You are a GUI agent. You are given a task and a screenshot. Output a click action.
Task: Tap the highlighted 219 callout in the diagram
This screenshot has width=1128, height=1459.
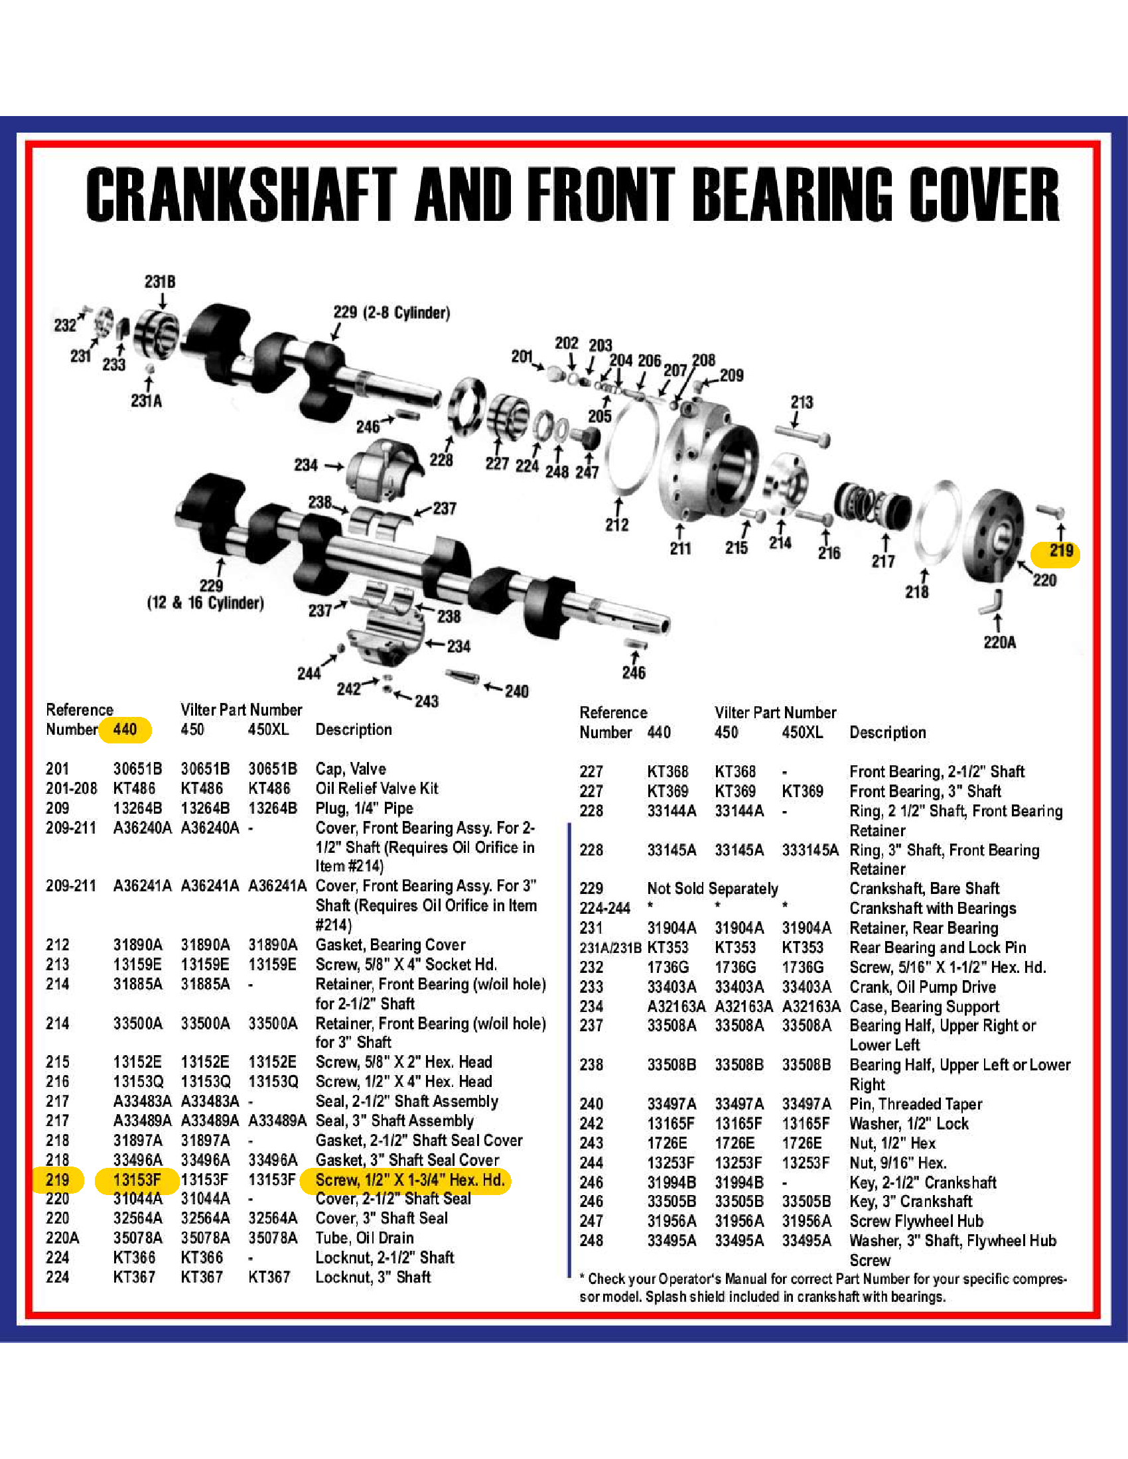(x=1060, y=550)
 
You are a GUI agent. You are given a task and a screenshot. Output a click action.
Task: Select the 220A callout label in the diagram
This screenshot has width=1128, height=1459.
(x=1000, y=642)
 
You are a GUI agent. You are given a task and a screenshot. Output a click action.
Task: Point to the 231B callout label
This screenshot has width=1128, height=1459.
(x=160, y=281)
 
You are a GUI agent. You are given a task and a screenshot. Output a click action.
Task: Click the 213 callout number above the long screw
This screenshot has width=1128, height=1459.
(x=802, y=401)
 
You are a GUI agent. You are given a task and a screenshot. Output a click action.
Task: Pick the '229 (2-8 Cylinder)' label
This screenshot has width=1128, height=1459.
(x=391, y=312)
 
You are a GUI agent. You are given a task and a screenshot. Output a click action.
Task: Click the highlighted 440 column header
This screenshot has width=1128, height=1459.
(x=125, y=729)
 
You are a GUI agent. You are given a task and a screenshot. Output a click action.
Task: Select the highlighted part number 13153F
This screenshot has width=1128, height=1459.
(x=137, y=1179)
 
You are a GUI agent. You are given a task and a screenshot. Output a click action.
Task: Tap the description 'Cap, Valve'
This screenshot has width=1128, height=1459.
(x=351, y=768)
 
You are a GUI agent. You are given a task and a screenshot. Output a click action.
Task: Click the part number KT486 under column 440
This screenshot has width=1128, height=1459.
(x=134, y=788)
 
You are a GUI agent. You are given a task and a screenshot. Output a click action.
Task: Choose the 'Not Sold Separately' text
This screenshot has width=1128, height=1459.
(x=713, y=888)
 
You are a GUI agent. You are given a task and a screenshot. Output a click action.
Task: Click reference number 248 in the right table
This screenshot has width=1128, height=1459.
(x=591, y=1240)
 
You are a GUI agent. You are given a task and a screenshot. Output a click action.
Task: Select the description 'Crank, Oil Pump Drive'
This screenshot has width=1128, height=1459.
(x=922, y=987)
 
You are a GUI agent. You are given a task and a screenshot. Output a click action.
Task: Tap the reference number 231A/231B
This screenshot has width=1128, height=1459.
(x=610, y=947)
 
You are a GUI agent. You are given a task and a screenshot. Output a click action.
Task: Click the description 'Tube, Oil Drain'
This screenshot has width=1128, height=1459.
(x=364, y=1237)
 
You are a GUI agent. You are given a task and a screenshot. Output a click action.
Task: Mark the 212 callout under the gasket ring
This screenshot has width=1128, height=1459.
(x=617, y=525)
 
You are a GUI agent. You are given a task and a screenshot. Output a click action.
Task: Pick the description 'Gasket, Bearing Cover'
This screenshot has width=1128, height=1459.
(x=390, y=944)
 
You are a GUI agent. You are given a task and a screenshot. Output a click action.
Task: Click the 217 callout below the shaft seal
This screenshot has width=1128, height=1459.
(x=882, y=561)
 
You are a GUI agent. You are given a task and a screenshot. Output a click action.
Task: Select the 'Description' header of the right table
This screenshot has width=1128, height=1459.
(x=887, y=732)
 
